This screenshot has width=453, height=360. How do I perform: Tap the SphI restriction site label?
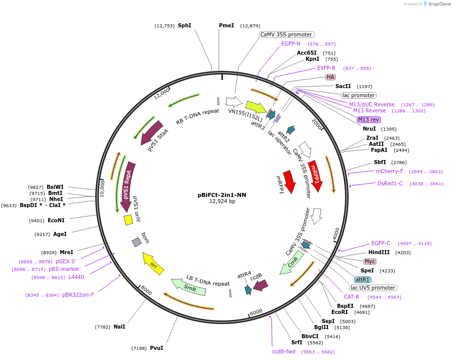point(184,25)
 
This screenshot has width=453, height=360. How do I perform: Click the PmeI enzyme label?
point(226,25)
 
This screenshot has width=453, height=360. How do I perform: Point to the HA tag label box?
point(330,77)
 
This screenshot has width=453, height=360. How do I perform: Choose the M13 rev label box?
point(369,119)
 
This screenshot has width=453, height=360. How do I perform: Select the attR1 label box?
point(362,279)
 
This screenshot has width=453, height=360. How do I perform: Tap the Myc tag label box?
point(370,261)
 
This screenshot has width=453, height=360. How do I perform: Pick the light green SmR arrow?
point(188,287)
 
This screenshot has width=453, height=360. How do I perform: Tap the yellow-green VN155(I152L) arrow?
point(256,107)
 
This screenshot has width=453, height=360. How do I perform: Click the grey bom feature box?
point(136,243)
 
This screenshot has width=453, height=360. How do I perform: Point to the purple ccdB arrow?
point(260,286)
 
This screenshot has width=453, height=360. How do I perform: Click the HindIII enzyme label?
point(379,252)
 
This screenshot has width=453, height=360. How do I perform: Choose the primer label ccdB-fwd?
point(283,351)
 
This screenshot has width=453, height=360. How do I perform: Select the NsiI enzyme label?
point(119,327)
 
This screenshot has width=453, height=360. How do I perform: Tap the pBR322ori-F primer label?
point(78,295)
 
